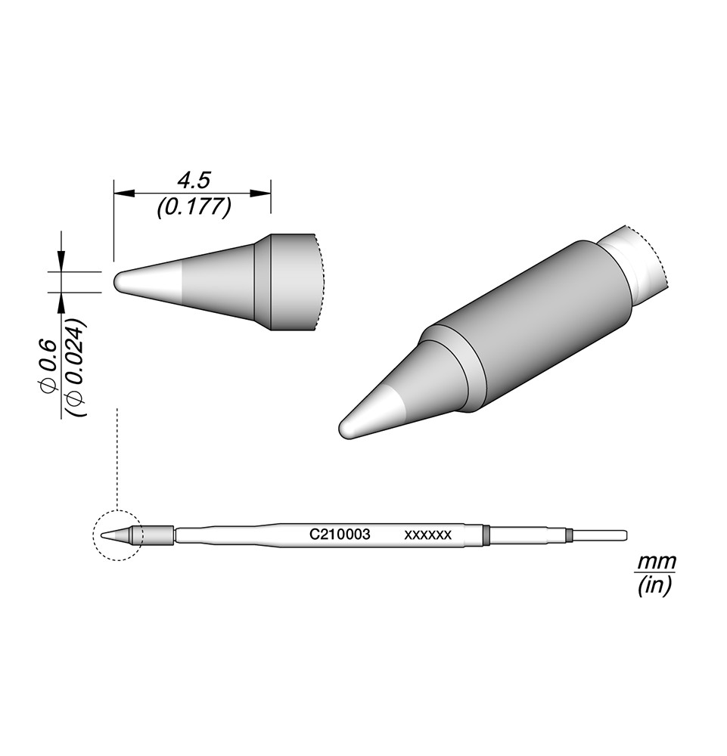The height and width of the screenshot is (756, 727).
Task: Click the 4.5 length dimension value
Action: point(194,181)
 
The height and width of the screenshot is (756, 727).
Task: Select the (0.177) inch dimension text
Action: point(194,207)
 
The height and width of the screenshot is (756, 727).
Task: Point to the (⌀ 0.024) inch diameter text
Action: point(76,367)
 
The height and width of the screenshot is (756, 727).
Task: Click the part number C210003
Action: point(340,534)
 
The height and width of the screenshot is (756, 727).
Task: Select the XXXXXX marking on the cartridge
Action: point(428,535)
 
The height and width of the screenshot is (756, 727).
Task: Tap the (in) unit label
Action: point(654,586)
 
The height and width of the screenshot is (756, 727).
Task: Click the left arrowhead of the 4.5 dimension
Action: point(123,194)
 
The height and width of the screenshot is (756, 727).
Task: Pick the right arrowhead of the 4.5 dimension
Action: point(260,194)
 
